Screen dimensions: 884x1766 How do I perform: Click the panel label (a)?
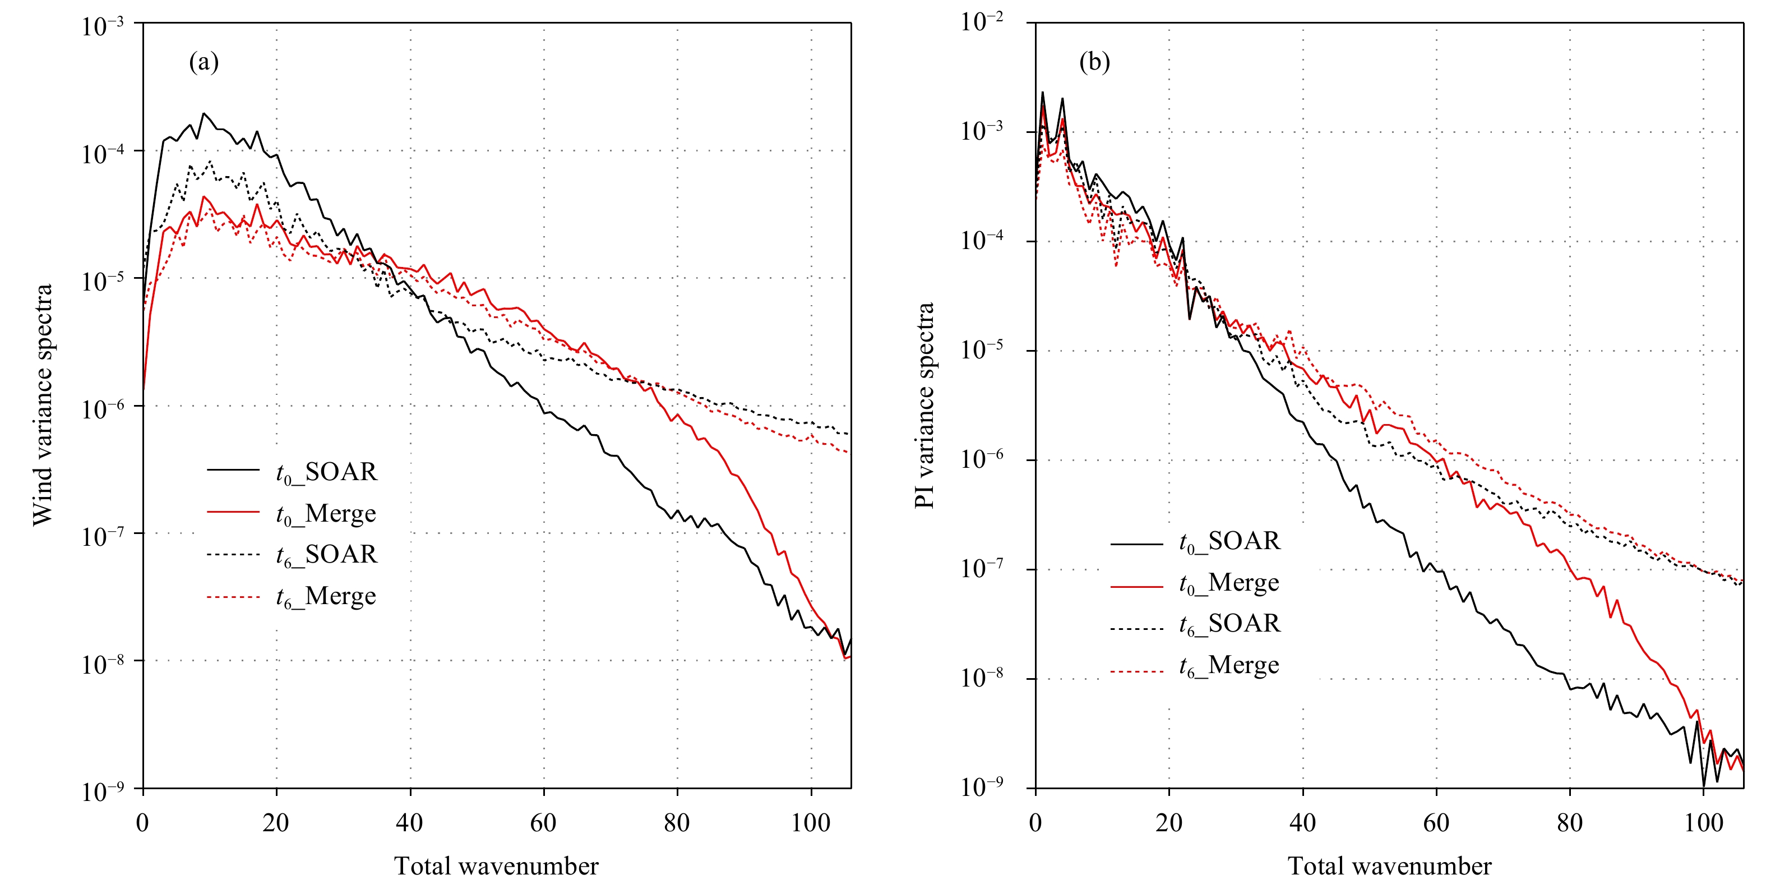204,62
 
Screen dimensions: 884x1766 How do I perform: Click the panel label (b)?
1094,62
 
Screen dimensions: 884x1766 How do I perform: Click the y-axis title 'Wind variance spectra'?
43,404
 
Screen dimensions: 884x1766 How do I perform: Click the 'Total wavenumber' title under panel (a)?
496,866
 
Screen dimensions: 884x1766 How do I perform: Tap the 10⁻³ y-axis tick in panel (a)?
103,26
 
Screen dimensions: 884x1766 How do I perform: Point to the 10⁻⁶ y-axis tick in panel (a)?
103,409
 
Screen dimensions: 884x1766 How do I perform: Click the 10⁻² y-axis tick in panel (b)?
982,22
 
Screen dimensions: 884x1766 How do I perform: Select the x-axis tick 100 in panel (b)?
1703,822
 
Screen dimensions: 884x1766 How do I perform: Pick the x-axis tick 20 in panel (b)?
1168,822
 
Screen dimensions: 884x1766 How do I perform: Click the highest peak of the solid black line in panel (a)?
203,113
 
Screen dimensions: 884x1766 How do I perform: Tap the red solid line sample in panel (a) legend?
233,512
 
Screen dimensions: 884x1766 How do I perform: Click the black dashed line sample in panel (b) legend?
1136,628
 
